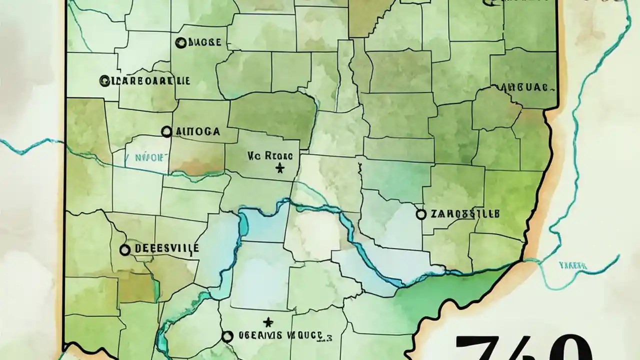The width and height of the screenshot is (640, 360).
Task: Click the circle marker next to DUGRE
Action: [x=181, y=43]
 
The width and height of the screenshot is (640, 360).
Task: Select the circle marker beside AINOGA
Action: [x=166, y=131]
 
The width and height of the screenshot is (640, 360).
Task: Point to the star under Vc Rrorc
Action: [x=279, y=169]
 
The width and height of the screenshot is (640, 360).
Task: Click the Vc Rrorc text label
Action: [x=272, y=156]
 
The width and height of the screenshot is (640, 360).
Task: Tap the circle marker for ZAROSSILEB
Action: [x=421, y=214]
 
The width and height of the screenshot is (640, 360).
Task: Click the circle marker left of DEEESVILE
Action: [x=125, y=249]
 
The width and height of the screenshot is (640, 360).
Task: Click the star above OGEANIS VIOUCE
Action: [x=268, y=321]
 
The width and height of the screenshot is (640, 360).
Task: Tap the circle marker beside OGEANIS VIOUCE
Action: [x=227, y=336]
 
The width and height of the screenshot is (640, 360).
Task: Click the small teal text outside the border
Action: [x=572, y=265]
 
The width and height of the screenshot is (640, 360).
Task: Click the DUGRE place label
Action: [x=204, y=43]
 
